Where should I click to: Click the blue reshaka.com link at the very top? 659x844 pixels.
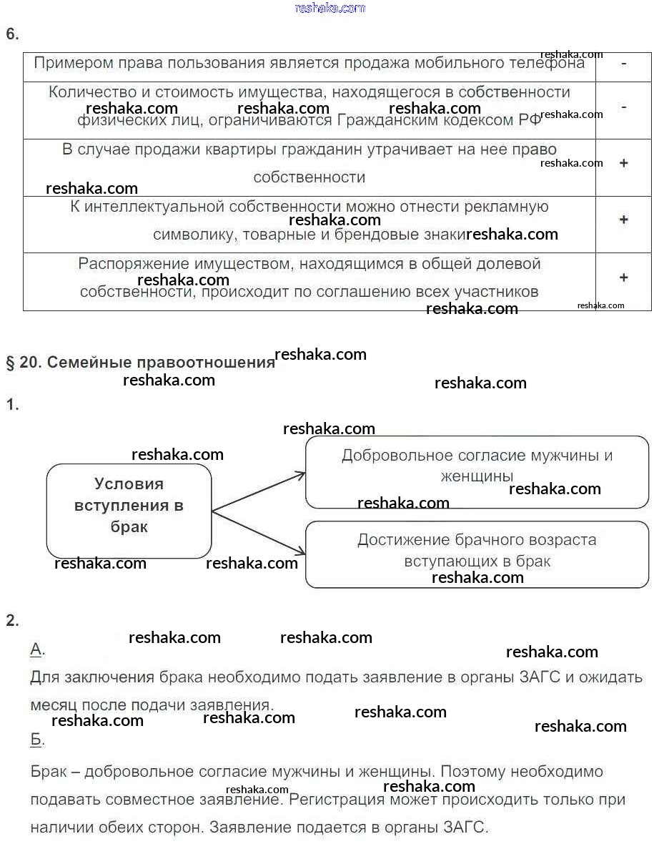(x=329, y=8)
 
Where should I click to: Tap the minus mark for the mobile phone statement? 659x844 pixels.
(x=624, y=63)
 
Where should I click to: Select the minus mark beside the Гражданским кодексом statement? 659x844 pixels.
(x=624, y=107)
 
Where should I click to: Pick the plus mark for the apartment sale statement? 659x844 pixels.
(x=624, y=163)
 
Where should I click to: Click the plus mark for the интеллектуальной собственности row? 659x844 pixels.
(x=624, y=220)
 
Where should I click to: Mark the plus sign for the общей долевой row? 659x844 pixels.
(x=624, y=278)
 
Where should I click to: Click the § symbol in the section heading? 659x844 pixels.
(x=11, y=363)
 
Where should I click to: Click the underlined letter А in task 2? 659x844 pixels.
(x=36, y=649)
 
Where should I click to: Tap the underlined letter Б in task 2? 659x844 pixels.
(x=36, y=740)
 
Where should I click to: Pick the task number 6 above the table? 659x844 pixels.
(x=12, y=34)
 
